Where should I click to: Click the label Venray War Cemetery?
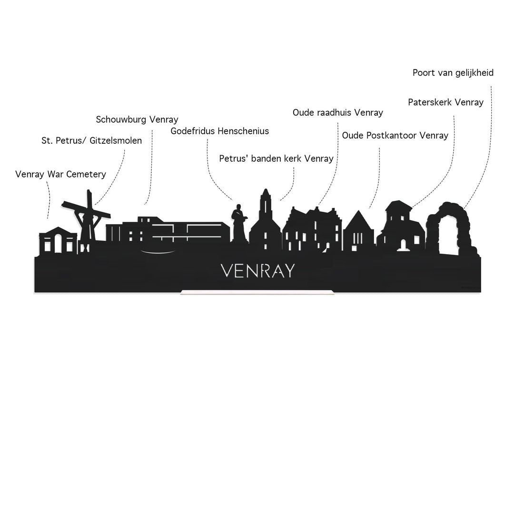(x=60, y=174)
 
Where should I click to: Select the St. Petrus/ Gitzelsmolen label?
(x=92, y=141)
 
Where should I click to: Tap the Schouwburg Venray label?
(x=137, y=119)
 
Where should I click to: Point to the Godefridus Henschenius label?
(x=220, y=131)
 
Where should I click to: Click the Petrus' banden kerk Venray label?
(x=276, y=158)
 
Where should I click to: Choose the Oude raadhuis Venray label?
(x=337, y=113)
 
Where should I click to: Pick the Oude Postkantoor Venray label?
(x=395, y=136)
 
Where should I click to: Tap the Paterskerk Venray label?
(x=445, y=102)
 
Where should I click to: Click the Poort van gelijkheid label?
(x=453, y=73)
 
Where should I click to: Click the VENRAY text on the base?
(x=257, y=271)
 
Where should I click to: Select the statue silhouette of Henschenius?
(x=238, y=226)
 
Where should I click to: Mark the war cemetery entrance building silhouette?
(x=58, y=240)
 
